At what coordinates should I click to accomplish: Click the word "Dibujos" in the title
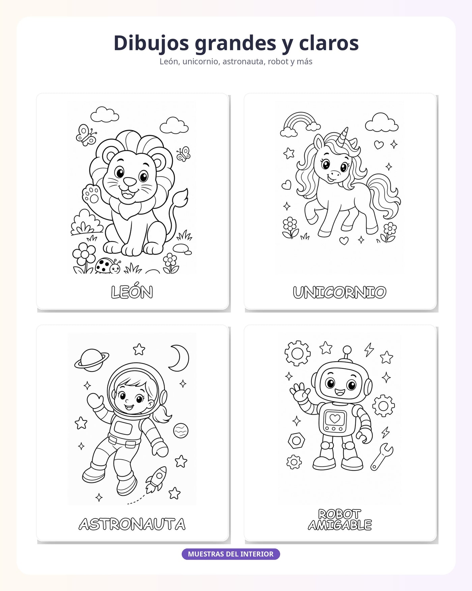click(151, 44)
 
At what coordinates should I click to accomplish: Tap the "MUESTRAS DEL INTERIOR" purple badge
click(231, 554)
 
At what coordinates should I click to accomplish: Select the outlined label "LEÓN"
click(132, 292)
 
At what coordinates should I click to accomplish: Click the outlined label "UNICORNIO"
click(340, 292)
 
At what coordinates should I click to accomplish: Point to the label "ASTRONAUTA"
click(132, 524)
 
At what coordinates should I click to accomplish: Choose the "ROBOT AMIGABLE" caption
click(340, 519)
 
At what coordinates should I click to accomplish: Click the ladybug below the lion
click(108, 266)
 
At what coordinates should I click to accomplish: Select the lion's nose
click(130, 182)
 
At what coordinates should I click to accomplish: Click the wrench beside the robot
click(382, 457)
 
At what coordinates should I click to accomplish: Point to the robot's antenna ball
click(347, 350)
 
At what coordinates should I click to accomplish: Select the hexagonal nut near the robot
click(296, 440)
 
